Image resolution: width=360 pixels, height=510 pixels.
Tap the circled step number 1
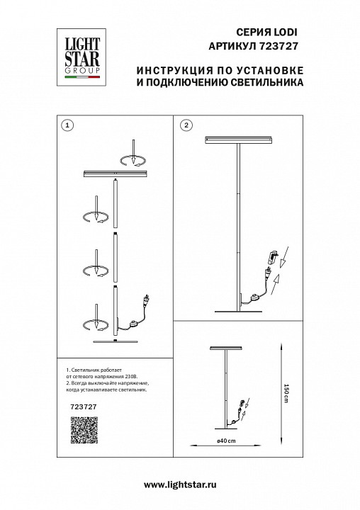(x=67, y=125)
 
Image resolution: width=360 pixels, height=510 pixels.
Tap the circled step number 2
(x=186, y=125)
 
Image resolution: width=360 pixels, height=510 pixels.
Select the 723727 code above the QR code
(x=75, y=407)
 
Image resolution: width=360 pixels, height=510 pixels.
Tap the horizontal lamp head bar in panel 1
(x=115, y=173)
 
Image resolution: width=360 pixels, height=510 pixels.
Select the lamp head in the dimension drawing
(x=227, y=349)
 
